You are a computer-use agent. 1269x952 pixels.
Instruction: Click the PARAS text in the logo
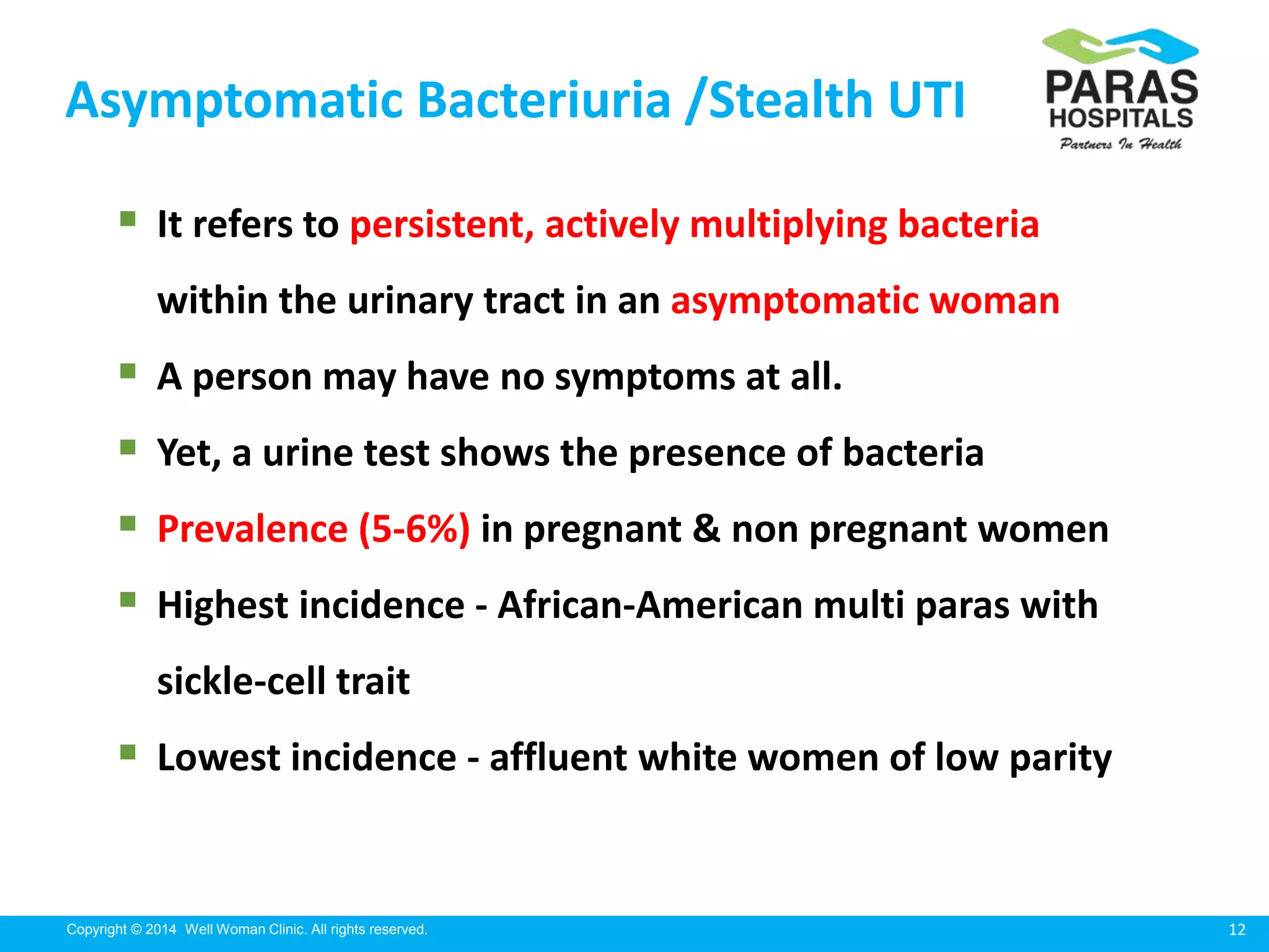click(1122, 87)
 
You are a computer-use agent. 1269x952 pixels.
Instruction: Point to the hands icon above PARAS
click(1120, 45)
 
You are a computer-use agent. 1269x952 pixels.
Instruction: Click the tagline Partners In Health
click(1120, 144)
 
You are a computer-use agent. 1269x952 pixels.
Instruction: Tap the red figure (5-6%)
click(414, 530)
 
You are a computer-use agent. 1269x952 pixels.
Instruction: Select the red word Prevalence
click(252, 529)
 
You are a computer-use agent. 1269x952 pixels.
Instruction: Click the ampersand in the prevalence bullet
click(706, 529)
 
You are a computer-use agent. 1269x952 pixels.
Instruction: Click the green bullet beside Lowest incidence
click(128, 752)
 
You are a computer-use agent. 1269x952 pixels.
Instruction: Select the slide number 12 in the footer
click(1237, 930)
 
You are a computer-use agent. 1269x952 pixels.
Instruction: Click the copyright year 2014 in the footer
click(161, 930)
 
